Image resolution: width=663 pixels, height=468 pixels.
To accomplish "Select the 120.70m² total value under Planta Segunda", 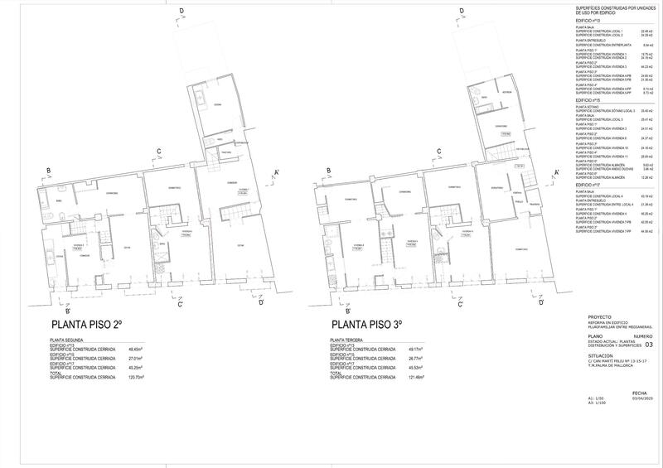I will pyautogui.click(x=137, y=377).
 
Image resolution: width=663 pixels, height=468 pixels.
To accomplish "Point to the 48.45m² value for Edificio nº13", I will pyautogui.click(x=137, y=350).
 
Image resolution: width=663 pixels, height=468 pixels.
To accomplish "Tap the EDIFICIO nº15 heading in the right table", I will pyautogui.click(x=590, y=99).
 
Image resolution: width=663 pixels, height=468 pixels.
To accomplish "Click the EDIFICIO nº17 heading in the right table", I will pyautogui.click(x=590, y=185).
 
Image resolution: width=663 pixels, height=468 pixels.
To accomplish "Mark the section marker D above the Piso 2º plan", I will pyautogui.click(x=181, y=9).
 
